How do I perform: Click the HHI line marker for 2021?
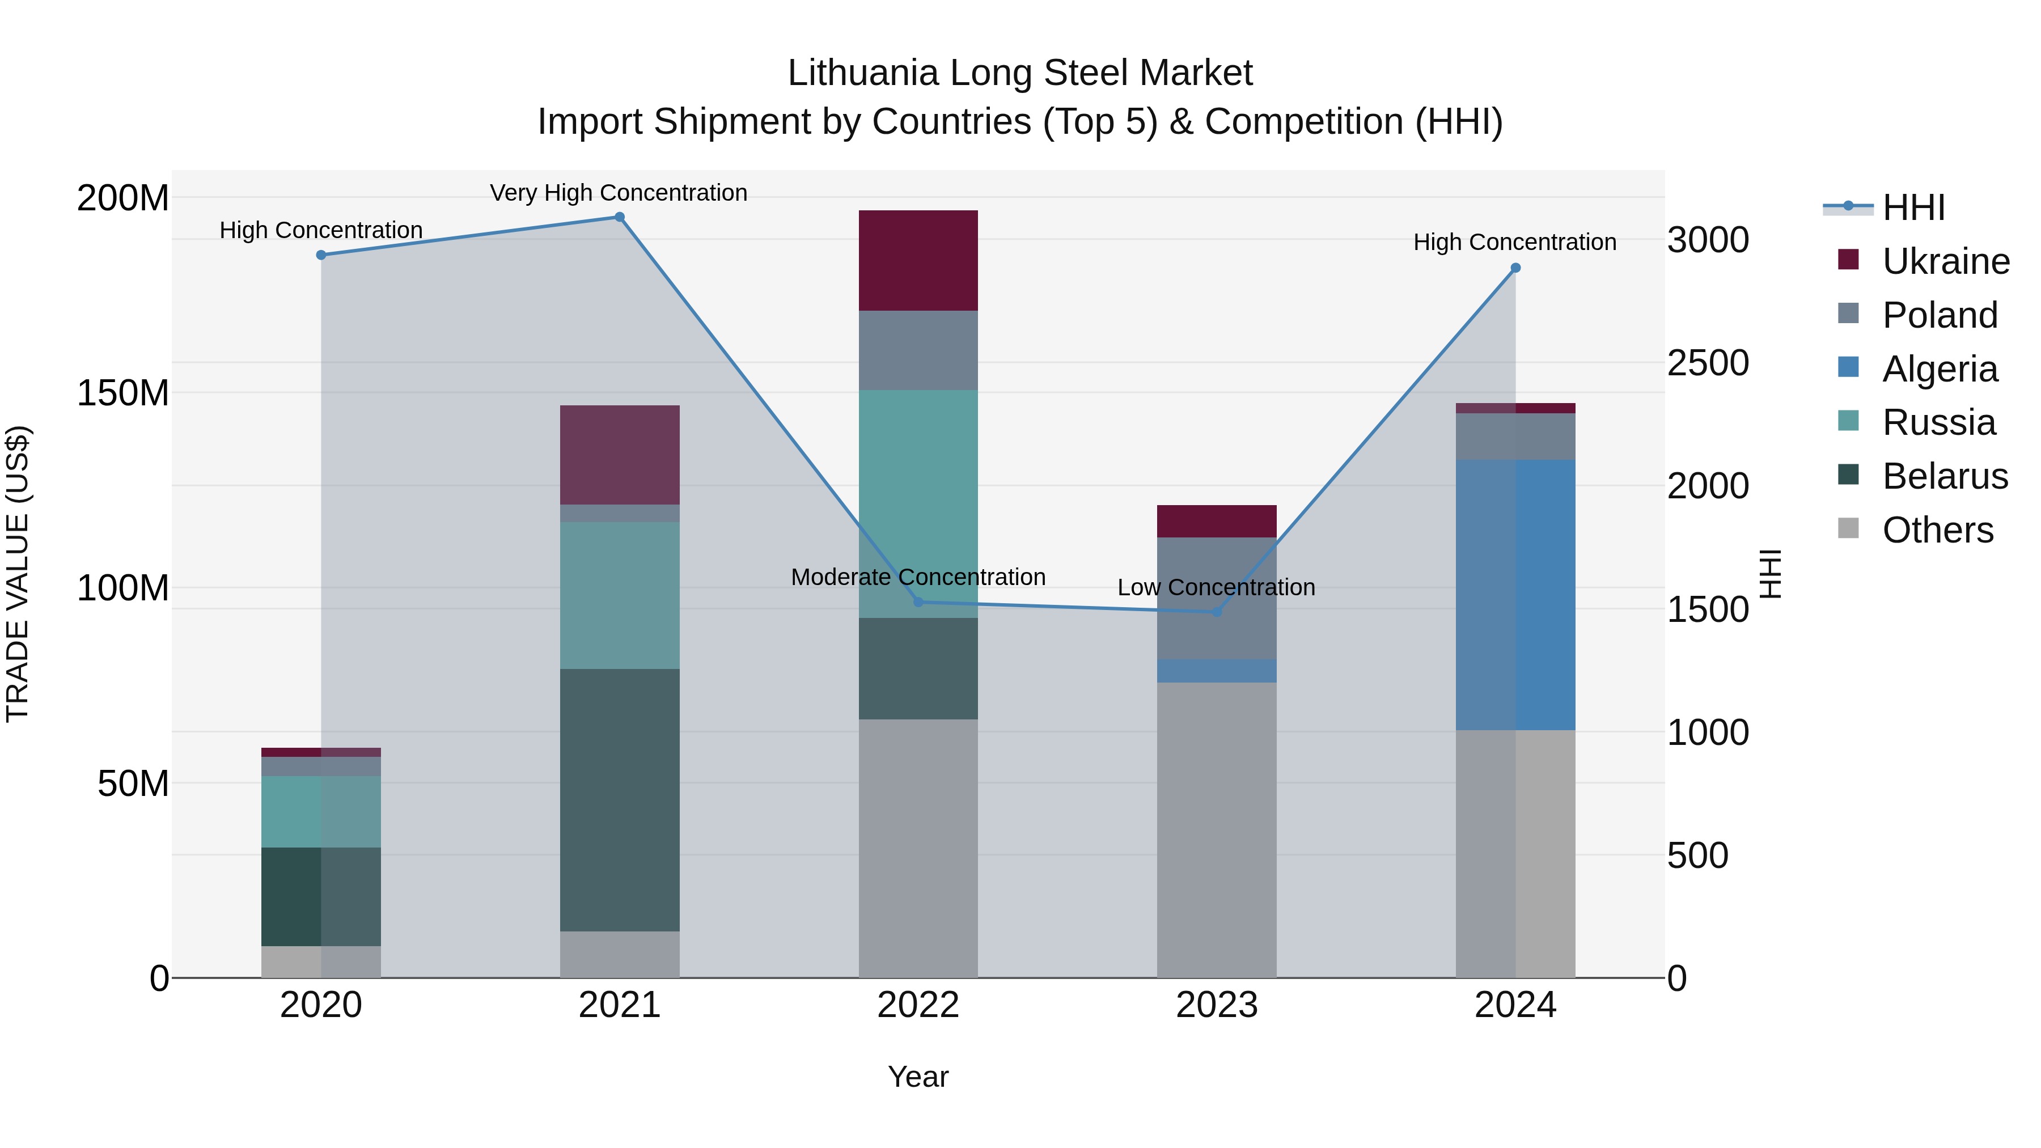620,217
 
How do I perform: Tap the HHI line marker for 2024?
1515,268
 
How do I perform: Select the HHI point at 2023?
1217,612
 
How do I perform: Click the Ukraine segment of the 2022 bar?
918,261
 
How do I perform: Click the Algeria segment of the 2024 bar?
1515,594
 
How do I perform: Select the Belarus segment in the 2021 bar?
620,799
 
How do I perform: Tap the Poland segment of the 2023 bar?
1217,598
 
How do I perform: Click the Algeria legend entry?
1940,369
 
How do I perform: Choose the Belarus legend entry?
1945,476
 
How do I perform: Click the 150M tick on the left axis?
123,393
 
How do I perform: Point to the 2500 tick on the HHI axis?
1708,363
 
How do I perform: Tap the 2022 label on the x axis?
918,1005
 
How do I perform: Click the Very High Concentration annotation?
619,193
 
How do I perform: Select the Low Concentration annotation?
1216,587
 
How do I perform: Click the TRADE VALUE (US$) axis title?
18,574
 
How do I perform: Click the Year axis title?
918,1077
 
